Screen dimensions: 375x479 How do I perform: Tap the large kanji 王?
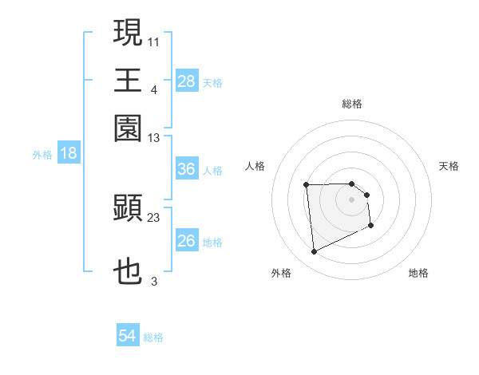(128, 81)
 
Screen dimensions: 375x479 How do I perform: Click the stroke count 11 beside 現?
(154, 40)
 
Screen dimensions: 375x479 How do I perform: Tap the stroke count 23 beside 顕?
(154, 216)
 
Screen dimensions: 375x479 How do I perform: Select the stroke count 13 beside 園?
(154, 137)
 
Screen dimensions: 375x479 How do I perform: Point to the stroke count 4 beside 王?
(153, 89)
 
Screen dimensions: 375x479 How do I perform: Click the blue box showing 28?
(187, 81)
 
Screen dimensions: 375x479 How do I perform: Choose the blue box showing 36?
(187, 169)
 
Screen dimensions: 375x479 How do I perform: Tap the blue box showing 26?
(187, 241)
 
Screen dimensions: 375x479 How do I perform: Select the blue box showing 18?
(69, 153)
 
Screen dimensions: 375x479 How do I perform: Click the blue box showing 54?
(128, 336)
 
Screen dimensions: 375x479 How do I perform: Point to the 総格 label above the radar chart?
(352, 104)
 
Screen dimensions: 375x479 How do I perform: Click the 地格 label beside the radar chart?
(418, 273)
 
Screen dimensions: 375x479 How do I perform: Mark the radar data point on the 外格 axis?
(315, 252)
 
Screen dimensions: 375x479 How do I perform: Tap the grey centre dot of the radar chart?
(352, 199)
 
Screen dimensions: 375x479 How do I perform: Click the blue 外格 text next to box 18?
(42, 155)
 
